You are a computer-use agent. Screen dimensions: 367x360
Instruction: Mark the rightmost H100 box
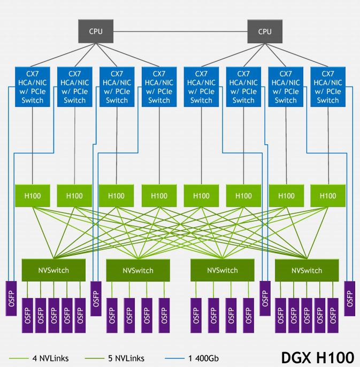pos(328,196)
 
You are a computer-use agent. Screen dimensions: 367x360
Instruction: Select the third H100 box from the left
pos(117,196)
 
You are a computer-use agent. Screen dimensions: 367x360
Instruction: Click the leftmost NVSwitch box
pos(53,270)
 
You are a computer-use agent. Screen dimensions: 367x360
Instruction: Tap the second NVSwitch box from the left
pos(138,270)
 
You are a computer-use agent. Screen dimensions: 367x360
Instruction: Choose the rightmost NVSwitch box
pos(307,270)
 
